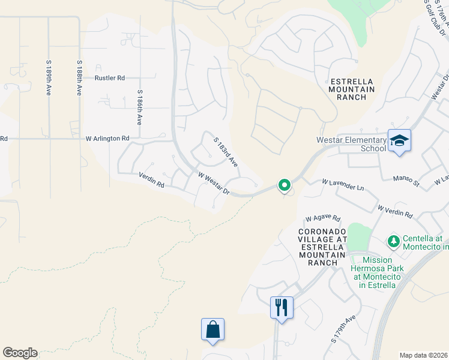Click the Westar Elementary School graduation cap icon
[x=399, y=140]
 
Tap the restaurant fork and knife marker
[x=282, y=307]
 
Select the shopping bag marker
[x=212, y=329]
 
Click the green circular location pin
[x=285, y=185]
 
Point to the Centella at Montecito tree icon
[x=394, y=241]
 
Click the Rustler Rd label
[x=109, y=78]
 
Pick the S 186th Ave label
[x=139, y=107]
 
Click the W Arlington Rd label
[x=107, y=138]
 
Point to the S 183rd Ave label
[x=226, y=151]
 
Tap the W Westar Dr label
[x=214, y=183]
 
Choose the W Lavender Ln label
[x=343, y=184]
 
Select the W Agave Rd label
[x=322, y=218]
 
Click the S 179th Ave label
[x=343, y=329]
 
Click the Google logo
[x=20, y=353]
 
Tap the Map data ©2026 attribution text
[x=423, y=355]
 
